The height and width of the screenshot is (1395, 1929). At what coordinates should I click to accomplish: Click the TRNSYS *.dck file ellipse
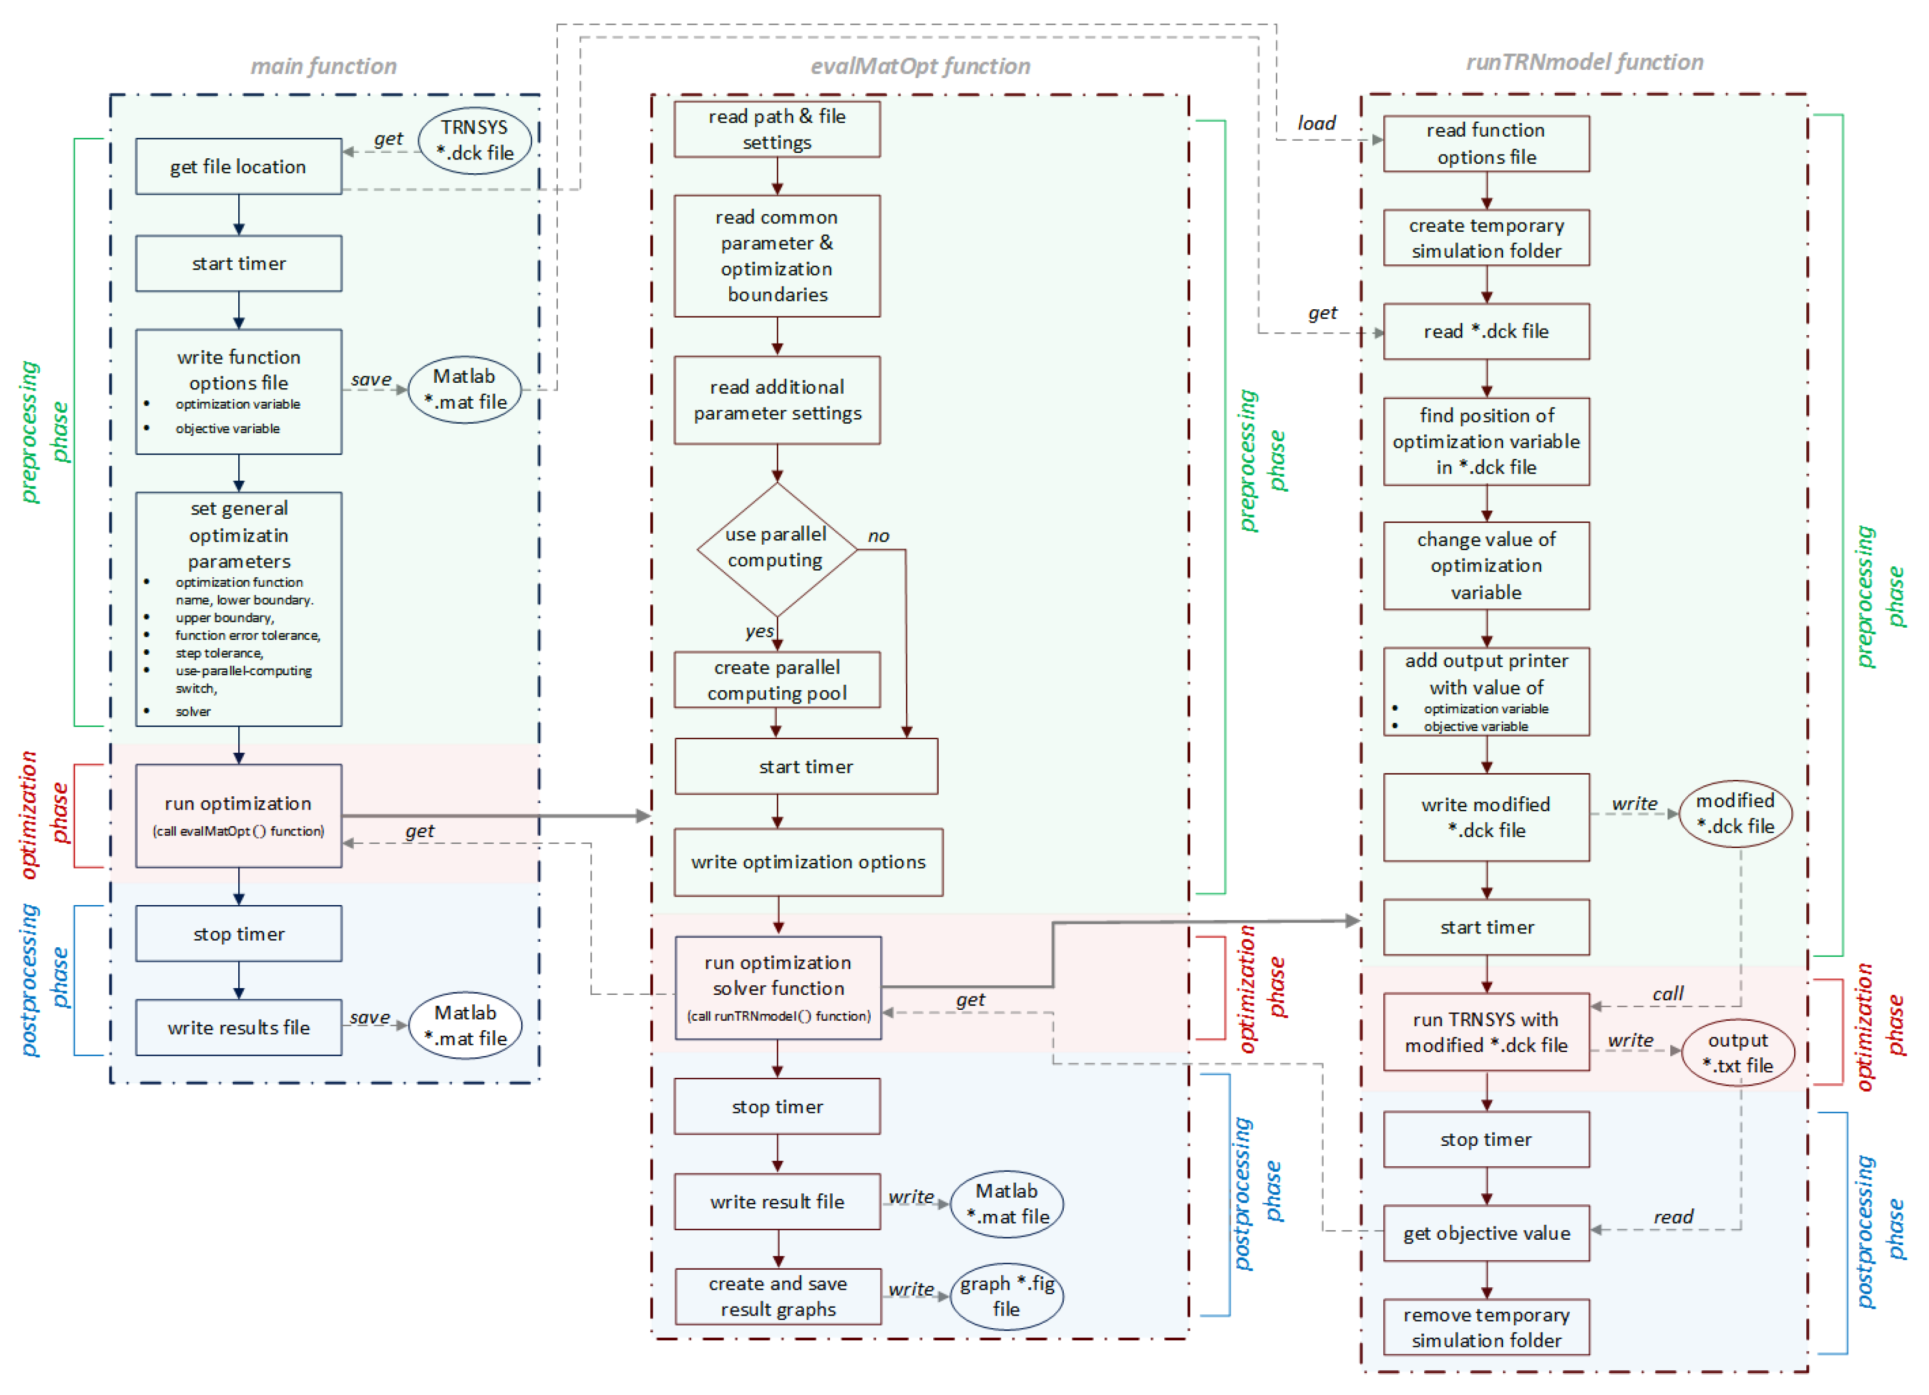point(475,140)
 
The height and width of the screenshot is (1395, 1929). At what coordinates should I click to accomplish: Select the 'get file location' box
point(238,167)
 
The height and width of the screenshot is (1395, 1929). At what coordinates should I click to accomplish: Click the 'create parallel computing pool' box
point(777,681)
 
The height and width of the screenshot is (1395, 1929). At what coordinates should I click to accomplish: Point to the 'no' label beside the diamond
point(878,536)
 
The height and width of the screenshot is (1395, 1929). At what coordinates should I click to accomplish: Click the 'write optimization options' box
point(808,862)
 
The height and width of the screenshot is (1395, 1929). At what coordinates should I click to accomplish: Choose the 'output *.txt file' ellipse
point(1738,1053)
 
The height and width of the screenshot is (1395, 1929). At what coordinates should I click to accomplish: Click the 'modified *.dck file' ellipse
point(1735,814)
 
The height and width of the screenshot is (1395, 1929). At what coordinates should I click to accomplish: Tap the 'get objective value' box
point(1486,1233)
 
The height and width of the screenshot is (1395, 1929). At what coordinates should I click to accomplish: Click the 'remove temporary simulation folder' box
point(1486,1328)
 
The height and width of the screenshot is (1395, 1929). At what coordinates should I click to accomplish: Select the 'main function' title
point(323,66)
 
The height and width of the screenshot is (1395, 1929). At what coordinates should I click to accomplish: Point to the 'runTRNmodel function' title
point(1584,62)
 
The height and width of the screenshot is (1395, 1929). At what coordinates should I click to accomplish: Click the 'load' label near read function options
point(1316,123)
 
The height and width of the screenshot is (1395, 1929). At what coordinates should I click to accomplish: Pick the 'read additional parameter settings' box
point(777,400)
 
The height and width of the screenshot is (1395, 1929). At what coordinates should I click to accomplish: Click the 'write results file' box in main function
point(238,1027)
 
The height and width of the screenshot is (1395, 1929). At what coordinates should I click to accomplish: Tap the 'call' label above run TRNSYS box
point(1667,994)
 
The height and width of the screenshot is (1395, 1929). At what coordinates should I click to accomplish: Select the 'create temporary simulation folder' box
point(1486,238)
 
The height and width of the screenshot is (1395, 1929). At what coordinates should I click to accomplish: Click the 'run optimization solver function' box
point(777,988)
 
